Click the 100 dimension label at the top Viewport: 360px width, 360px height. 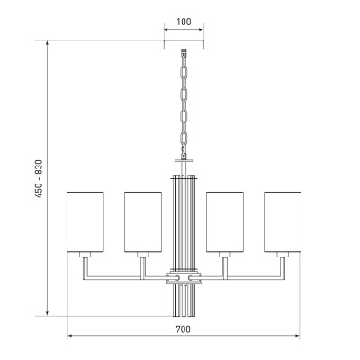coord(184,22)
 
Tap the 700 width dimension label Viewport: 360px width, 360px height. coord(183,329)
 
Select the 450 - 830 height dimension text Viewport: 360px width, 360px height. coord(39,179)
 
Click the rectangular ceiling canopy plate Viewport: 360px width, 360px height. coord(184,45)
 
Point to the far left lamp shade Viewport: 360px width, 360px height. coord(85,221)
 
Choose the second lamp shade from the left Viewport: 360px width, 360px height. coord(143,221)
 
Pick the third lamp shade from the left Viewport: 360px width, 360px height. coord(225,221)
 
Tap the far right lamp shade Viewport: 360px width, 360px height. coord(283,221)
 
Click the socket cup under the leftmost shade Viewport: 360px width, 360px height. coord(85,255)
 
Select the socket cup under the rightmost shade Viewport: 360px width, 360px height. coord(283,255)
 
